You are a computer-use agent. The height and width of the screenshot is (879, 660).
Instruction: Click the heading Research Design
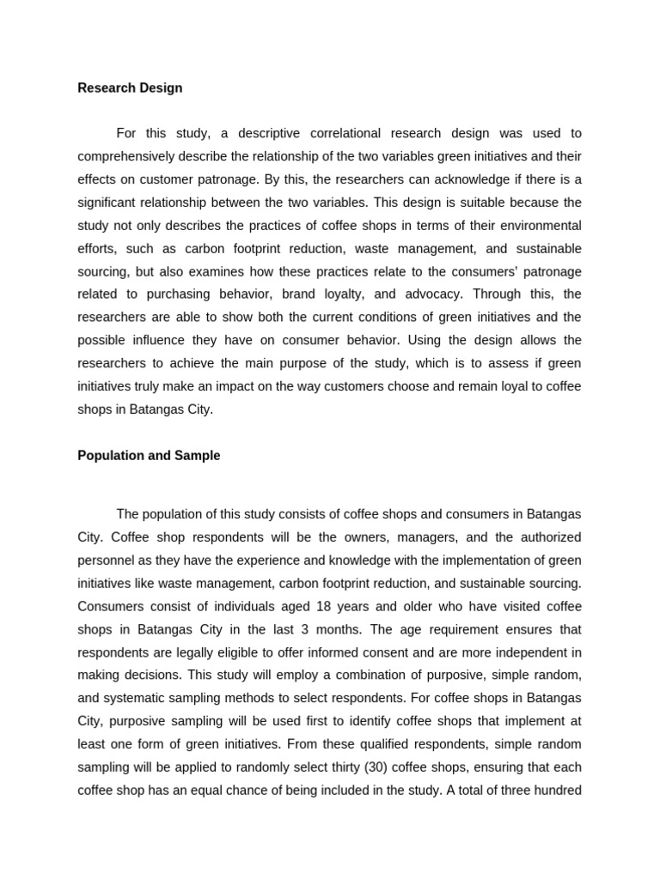[130, 88]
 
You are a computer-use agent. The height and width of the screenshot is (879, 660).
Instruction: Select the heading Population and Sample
[149, 456]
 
